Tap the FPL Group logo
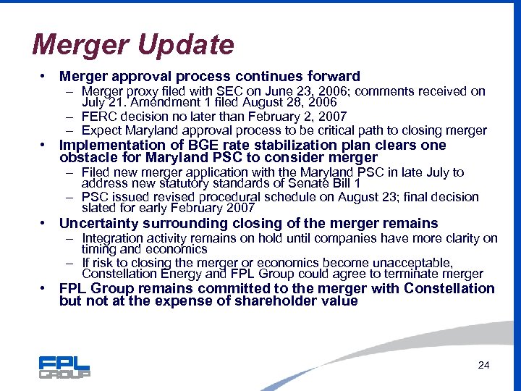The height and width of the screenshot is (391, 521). (x=64, y=367)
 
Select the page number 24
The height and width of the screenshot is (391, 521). (x=484, y=365)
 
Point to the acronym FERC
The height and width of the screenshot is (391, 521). (x=98, y=117)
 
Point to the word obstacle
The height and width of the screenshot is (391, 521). (x=86, y=157)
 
